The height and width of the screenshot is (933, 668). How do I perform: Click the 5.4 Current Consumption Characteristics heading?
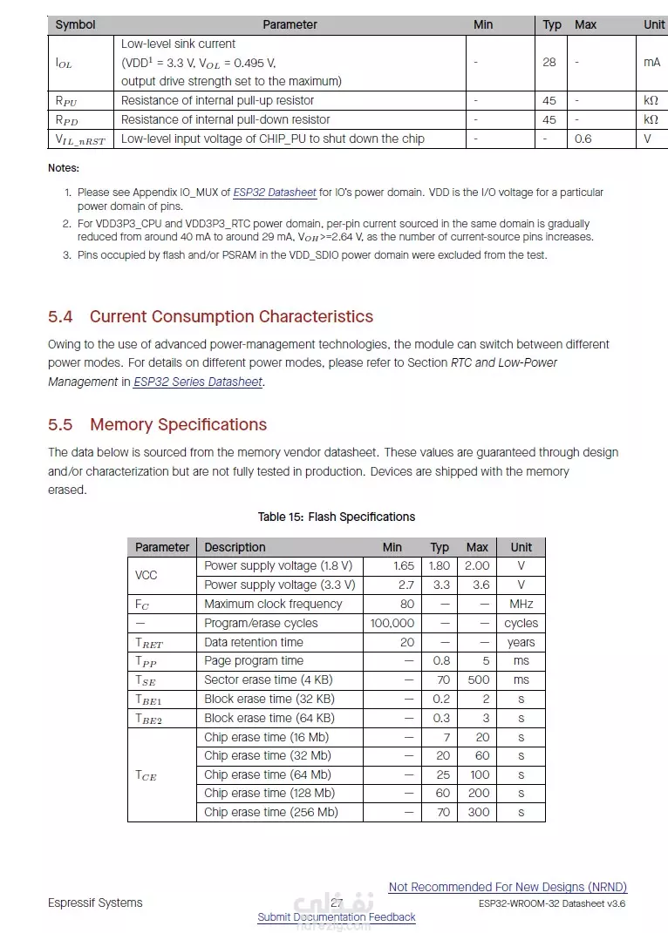click(210, 317)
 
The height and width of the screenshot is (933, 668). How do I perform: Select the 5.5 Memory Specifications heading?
click(157, 425)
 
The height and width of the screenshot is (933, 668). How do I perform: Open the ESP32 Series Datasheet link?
click(197, 382)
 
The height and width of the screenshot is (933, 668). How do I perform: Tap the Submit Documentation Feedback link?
click(336, 917)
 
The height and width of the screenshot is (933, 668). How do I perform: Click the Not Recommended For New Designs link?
click(508, 887)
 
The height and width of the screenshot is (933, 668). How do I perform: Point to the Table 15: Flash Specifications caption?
click(336, 517)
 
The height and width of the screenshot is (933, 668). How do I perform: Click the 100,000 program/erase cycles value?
click(392, 623)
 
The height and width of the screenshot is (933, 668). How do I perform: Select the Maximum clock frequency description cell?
click(273, 604)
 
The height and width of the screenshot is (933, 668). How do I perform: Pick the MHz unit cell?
click(521, 604)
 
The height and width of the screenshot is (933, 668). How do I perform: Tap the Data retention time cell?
click(253, 642)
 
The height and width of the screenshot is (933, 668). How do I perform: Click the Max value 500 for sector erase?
click(478, 679)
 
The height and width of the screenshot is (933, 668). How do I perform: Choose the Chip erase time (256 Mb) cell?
click(270, 812)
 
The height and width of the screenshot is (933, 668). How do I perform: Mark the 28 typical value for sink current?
click(549, 62)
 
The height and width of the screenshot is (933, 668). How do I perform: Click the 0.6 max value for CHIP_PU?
click(583, 139)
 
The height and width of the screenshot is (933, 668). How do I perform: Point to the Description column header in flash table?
click(235, 547)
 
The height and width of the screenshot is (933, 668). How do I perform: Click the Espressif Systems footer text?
click(95, 903)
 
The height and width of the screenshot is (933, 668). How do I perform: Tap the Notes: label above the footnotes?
click(64, 168)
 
